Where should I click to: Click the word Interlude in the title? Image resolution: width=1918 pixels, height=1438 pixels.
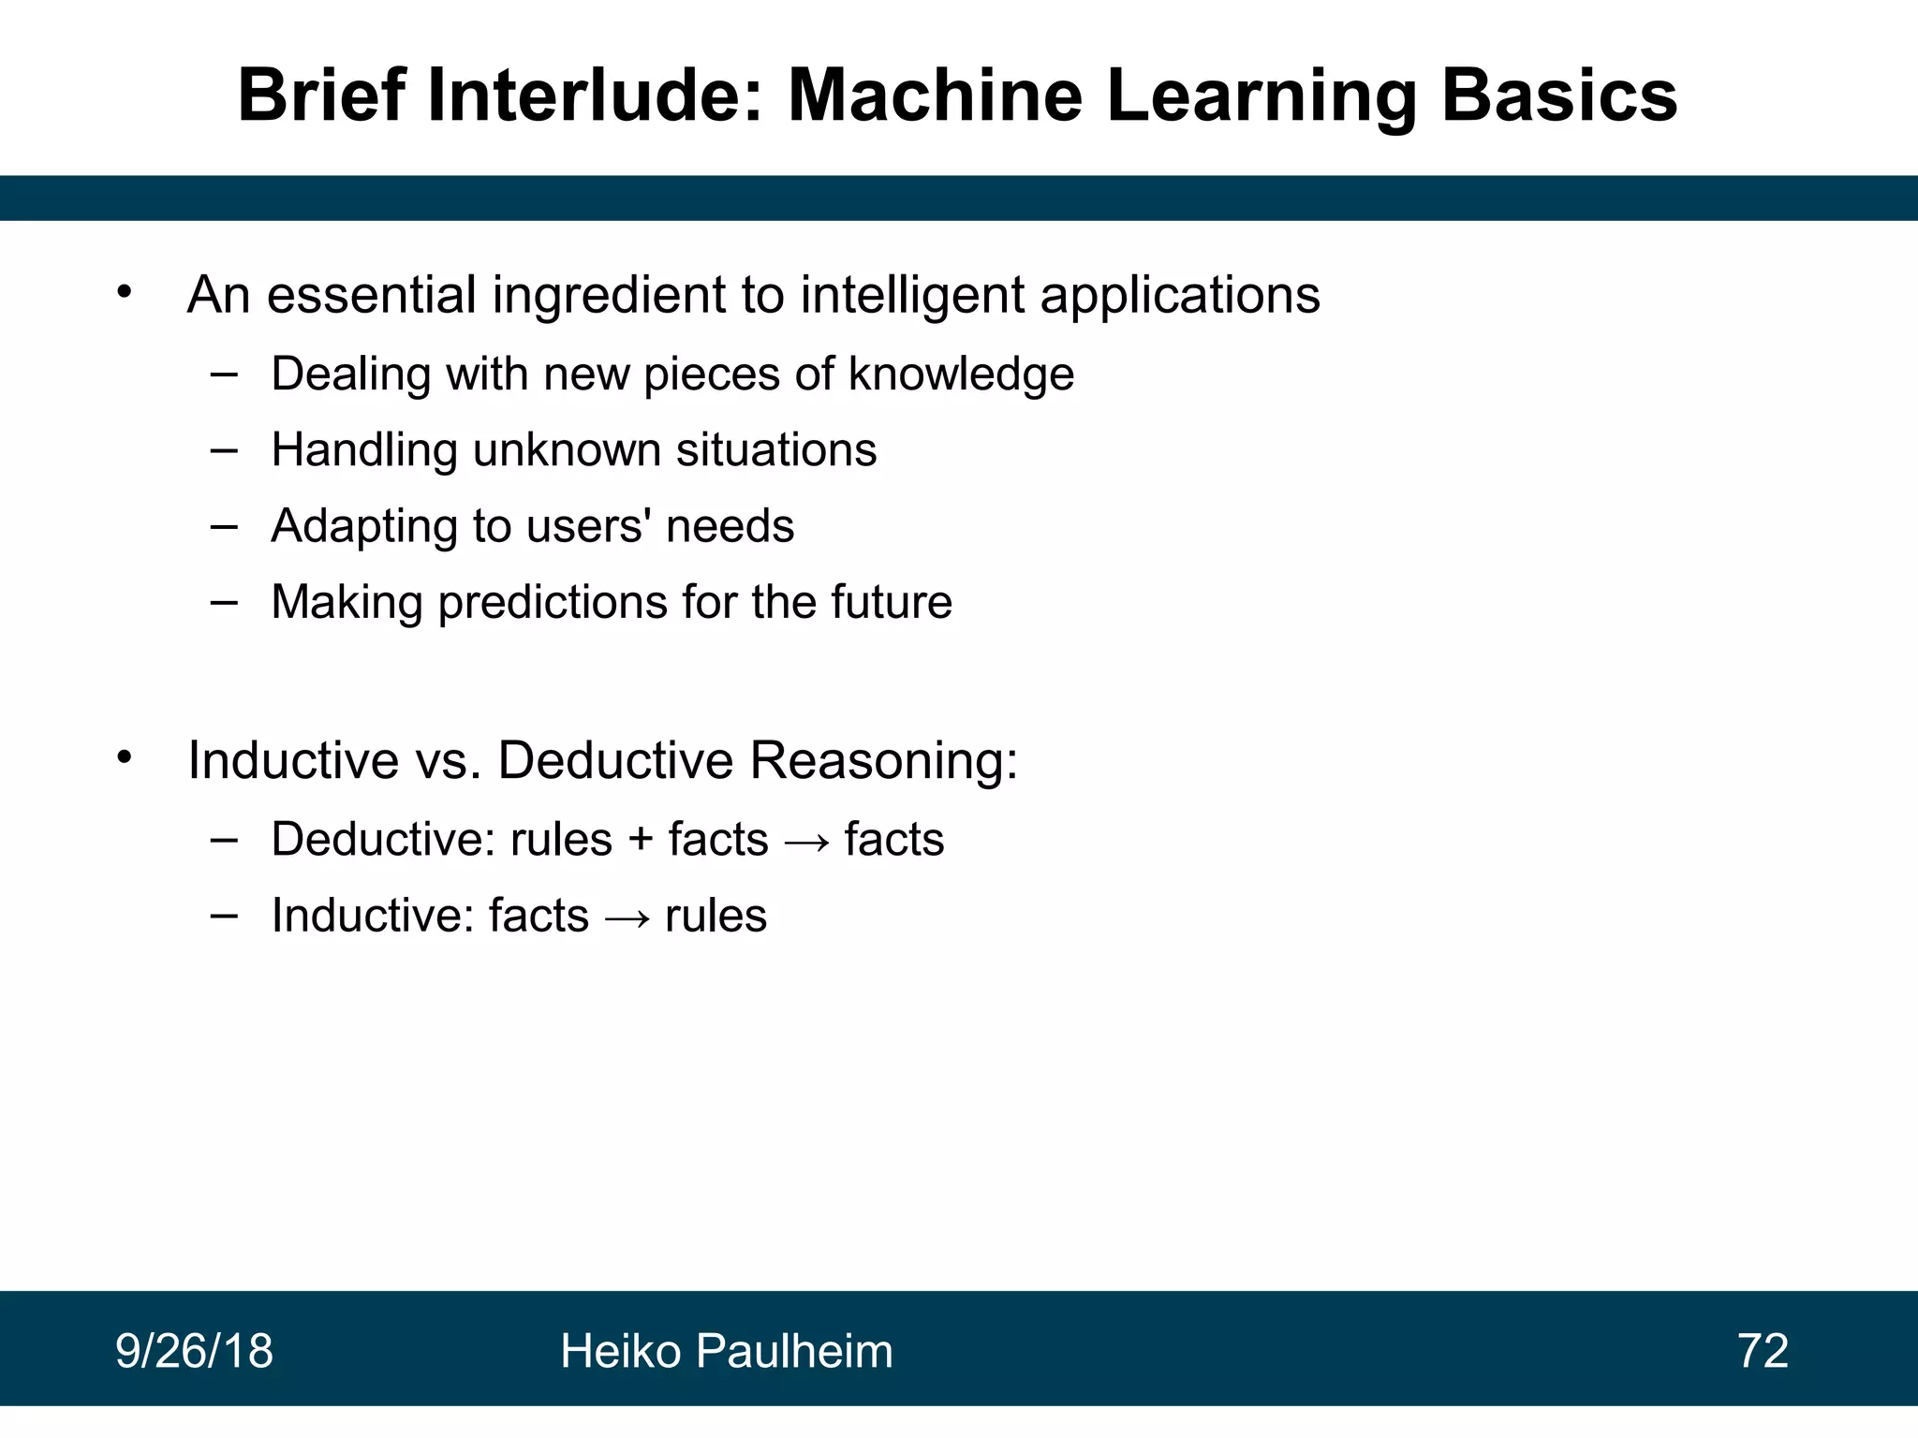595,95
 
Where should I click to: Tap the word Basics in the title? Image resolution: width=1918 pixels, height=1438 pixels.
1558,95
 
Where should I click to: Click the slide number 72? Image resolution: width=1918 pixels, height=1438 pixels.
1763,1351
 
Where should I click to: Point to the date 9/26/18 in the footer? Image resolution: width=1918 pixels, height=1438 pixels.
194,1351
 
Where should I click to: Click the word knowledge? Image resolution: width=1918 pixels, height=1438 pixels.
961,374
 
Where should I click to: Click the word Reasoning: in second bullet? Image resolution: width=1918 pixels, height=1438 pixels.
883,759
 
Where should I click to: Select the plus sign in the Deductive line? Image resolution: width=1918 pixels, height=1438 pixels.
641,839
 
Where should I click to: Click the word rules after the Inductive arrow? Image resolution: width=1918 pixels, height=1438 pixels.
716,916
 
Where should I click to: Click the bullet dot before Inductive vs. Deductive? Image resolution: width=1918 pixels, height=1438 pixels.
125,756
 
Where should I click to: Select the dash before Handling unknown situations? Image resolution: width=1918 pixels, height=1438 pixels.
224,450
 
